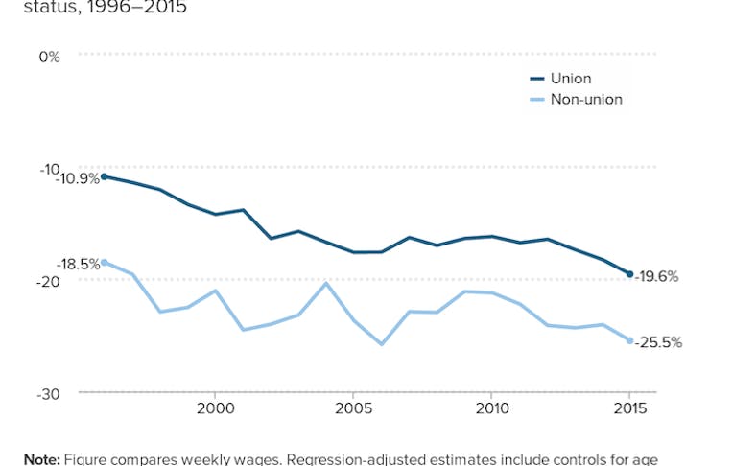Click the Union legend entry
click(x=570, y=79)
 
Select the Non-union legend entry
click(x=585, y=100)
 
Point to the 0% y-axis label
click(x=50, y=56)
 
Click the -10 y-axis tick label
click(x=50, y=168)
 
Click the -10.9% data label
click(x=77, y=179)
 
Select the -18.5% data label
click(x=78, y=264)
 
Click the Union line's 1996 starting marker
click(x=104, y=176)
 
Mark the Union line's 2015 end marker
click(x=629, y=274)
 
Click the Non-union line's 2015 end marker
click(x=629, y=340)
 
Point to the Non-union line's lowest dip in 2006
click(x=381, y=344)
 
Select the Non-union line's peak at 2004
click(x=326, y=283)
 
